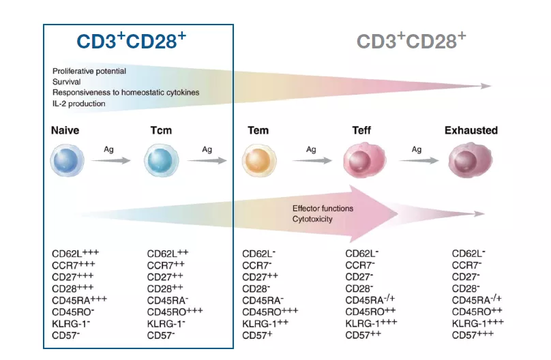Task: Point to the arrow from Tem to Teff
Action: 312,161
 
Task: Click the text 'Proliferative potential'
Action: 89,71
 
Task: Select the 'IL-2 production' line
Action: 79,104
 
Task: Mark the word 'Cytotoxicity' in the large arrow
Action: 312,220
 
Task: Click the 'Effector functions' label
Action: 323,208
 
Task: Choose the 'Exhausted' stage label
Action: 471,130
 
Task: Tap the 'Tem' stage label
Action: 258,130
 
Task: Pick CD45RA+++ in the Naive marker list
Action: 79,300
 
